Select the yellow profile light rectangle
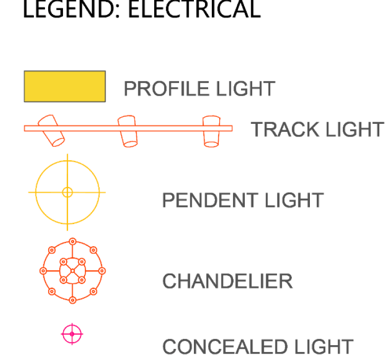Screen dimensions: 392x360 (x=65, y=86)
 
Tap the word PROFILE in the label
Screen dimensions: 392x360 (x=158, y=89)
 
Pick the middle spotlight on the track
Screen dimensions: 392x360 (x=128, y=131)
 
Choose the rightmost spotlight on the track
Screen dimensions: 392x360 (x=211, y=131)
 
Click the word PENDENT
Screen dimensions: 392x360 (x=203, y=201)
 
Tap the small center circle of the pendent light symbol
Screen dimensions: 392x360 (x=67, y=192)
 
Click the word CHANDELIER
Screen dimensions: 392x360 (x=227, y=281)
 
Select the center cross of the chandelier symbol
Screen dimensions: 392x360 (x=72, y=271)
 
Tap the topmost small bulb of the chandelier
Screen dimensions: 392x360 (x=73, y=241)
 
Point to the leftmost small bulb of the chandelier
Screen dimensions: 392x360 (x=43, y=271)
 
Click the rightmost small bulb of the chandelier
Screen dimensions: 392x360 (x=102, y=271)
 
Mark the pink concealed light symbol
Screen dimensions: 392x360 (x=72, y=334)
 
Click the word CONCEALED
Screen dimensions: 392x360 (x=223, y=347)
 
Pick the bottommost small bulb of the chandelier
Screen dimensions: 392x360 (x=73, y=300)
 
